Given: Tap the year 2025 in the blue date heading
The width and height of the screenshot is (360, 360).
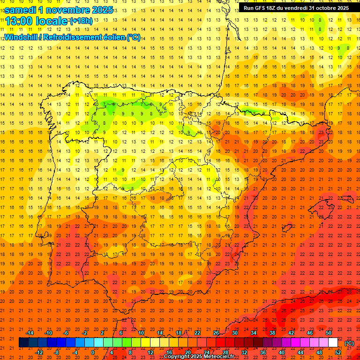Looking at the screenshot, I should [x=99, y=10].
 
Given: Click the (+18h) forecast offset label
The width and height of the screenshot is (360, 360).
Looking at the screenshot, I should [x=81, y=21].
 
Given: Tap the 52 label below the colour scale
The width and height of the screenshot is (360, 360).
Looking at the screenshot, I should [x=338, y=352].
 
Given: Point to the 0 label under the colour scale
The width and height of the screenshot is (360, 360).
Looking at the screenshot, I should [x=93, y=352].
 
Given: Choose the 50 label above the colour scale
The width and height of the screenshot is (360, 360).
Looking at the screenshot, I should [x=329, y=333].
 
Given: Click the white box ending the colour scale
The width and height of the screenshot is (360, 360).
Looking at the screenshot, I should [x=333, y=342].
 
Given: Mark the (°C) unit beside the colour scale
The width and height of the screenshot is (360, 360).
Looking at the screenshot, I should [x=349, y=343].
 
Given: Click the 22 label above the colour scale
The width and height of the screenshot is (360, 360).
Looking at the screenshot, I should [x=197, y=333].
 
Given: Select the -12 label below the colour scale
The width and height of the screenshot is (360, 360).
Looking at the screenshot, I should [x=39, y=352].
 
